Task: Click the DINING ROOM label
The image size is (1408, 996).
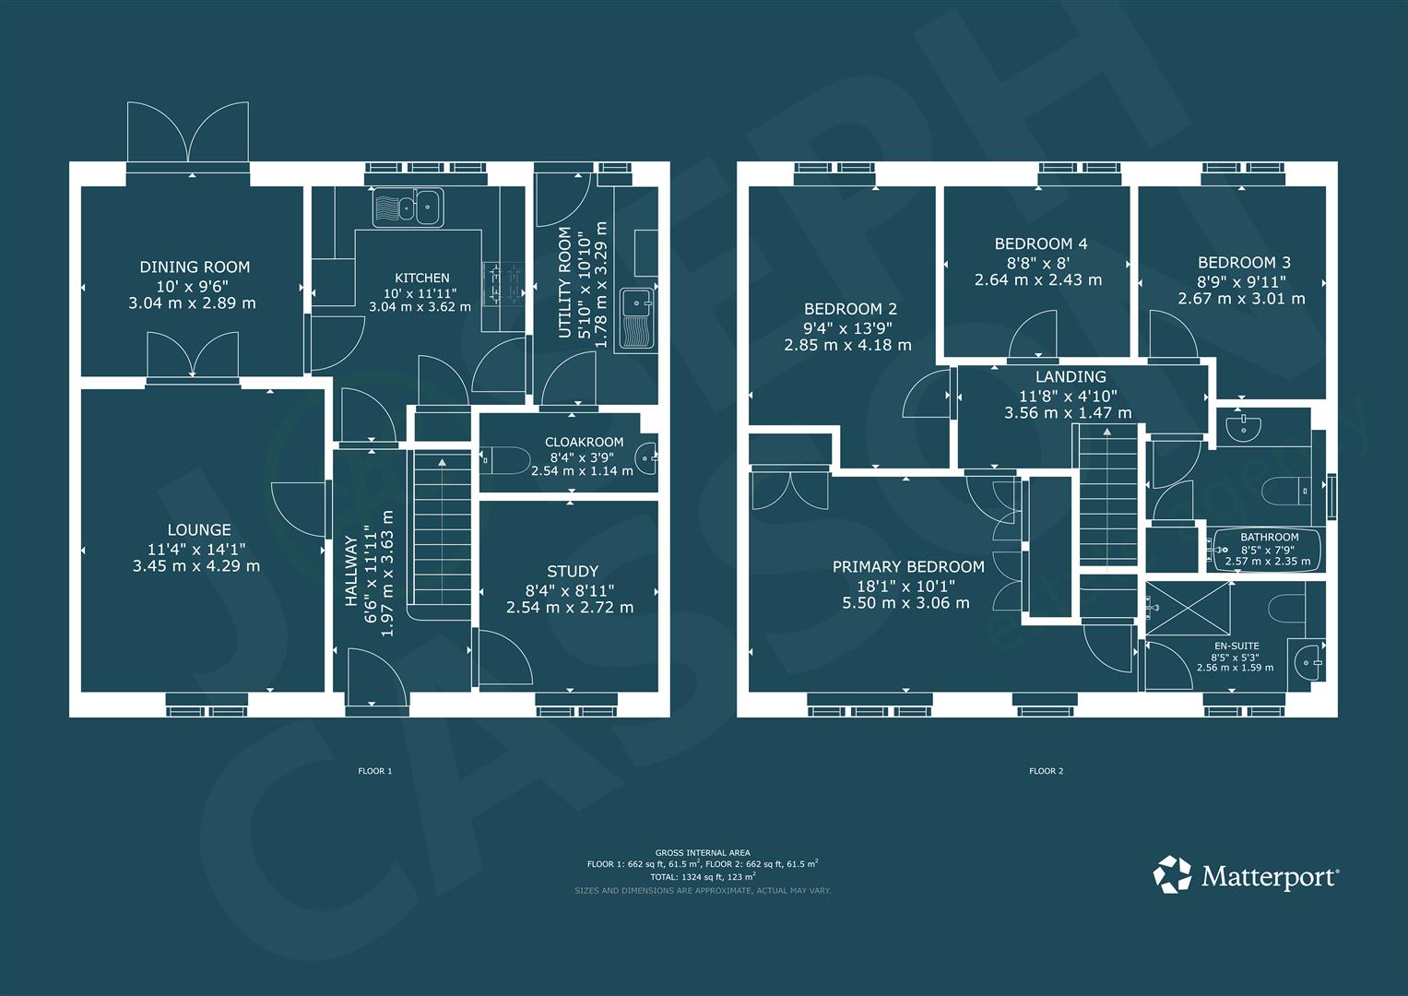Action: pos(195,267)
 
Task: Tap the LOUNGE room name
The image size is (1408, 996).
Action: pos(199,529)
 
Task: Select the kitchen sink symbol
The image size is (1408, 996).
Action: pos(408,207)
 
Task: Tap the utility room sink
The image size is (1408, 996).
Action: pos(636,317)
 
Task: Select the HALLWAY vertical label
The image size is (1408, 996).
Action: pos(351,572)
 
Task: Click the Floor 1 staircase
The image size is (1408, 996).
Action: pos(441,535)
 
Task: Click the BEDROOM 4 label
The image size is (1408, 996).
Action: pos(1040,243)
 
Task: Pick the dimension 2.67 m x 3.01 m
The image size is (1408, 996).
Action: pos(1241,299)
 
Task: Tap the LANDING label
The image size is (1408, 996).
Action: pos(1070,376)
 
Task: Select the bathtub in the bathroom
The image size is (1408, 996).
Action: pos(1268,550)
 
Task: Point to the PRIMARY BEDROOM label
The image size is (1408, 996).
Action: pos(908,566)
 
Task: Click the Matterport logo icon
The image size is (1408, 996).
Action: pos(1173,874)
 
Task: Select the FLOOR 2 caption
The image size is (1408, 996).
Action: pos(1046,771)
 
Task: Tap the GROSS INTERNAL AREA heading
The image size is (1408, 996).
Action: pos(702,852)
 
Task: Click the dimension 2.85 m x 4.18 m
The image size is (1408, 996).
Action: pos(847,345)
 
